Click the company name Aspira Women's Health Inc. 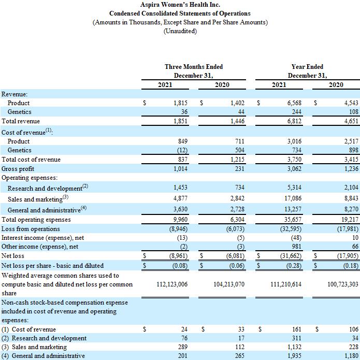[x=180, y=5]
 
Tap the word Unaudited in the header [x=180, y=31]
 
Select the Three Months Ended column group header [x=194, y=67]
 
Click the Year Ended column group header [x=307, y=67]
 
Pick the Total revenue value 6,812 [x=294, y=121]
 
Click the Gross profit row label [x=18, y=169]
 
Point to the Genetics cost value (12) [x=182, y=150]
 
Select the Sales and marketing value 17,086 [x=293, y=198]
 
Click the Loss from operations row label [x=31, y=229]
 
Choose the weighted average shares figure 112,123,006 [x=172, y=284]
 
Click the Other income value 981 [x=296, y=247]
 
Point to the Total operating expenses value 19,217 [x=350, y=220]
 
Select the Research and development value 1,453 [x=180, y=188]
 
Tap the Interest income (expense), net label [x=42, y=238]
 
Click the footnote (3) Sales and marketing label [x=34, y=347]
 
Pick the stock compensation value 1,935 [x=294, y=356]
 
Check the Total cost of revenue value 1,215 [x=237, y=160]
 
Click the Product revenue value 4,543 [x=351, y=103]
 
